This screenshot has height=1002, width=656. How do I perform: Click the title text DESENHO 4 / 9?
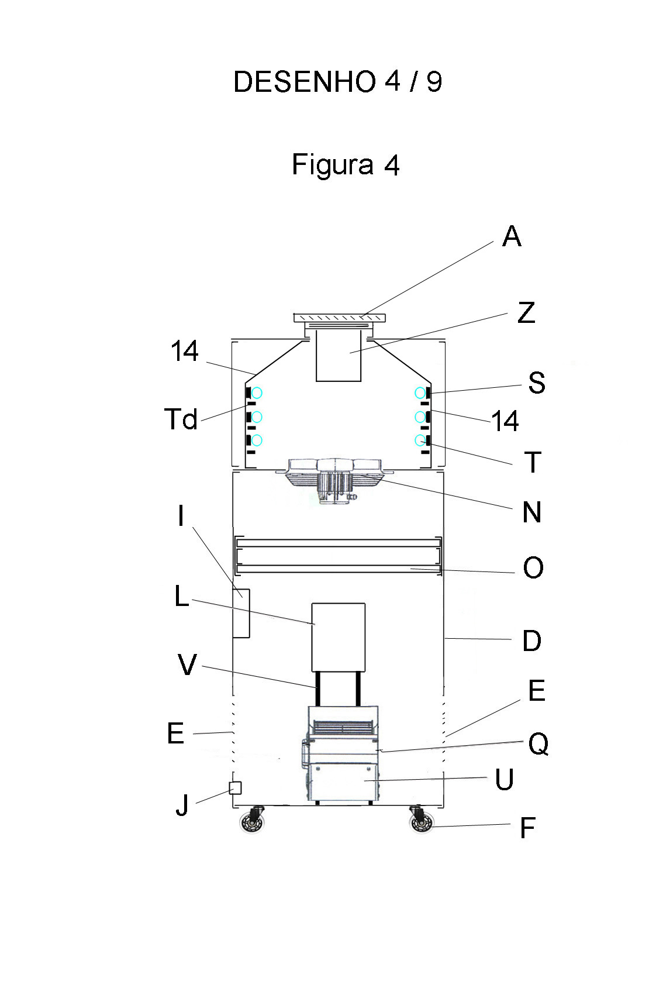[337, 82]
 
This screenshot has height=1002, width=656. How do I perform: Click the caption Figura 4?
[345, 165]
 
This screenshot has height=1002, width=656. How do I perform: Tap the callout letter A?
[512, 237]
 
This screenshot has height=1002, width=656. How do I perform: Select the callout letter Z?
[526, 313]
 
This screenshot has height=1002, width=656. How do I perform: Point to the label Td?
[181, 419]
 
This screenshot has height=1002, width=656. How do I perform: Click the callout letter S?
[536, 383]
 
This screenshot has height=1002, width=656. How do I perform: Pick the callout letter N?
[531, 512]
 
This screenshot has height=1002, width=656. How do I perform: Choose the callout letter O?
[533, 568]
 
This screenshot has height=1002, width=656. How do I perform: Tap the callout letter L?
[182, 597]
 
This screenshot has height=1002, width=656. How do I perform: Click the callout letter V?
[187, 666]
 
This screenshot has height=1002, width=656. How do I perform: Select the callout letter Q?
[538, 745]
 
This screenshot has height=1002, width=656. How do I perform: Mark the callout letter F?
[527, 829]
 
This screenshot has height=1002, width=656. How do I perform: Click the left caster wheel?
[253, 824]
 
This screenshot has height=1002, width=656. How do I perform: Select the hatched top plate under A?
[339, 318]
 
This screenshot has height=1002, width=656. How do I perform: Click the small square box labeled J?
[235, 788]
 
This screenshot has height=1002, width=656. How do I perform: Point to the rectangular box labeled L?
[338, 637]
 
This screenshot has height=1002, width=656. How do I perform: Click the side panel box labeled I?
[241, 613]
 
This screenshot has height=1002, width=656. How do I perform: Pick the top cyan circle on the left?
[257, 393]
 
